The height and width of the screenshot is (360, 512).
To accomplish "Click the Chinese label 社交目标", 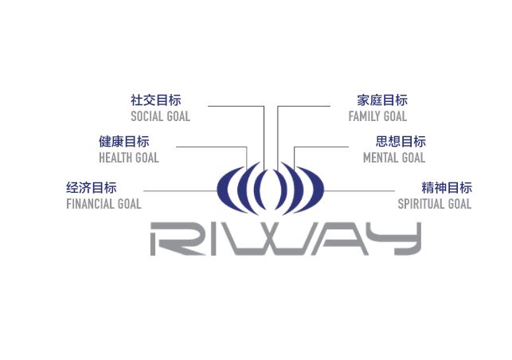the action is click(155, 100).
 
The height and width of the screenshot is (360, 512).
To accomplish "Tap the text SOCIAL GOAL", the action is click(160, 116).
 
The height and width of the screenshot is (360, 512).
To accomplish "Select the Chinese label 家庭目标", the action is click(382, 100).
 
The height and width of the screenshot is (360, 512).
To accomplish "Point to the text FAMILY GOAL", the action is click(377, 116).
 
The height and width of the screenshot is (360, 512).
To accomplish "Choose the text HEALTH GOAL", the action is click(128, 158).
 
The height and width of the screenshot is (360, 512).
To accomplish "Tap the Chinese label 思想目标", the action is click(401, 142).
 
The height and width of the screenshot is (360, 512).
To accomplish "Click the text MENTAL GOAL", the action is click(394, 158).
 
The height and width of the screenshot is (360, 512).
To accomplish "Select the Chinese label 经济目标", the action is click(91, 188).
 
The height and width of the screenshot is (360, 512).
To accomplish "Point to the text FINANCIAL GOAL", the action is click(104, 204).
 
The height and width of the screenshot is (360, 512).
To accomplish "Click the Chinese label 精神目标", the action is click(447, 188).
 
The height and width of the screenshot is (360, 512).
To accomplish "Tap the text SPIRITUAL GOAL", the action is click(435, 204).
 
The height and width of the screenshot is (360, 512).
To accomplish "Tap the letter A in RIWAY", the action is click(334, 238).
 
